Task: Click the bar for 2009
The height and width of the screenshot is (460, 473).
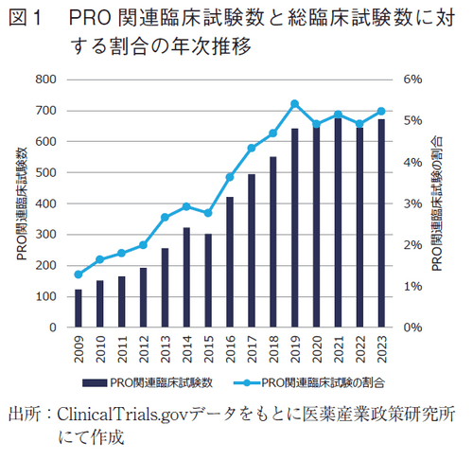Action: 78,309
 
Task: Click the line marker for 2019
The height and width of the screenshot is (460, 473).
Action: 294,103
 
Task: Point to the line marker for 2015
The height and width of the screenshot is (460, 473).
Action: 208,213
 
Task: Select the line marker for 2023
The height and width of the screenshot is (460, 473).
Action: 381,112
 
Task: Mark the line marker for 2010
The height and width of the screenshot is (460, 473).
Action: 99,259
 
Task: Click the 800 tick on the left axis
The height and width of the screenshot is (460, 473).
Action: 44,80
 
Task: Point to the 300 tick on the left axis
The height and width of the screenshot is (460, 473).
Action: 44,235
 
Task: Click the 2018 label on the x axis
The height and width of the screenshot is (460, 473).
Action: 273,349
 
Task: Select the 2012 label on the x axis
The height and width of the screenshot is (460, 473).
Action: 143,349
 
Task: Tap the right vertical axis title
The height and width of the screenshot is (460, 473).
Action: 437,203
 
